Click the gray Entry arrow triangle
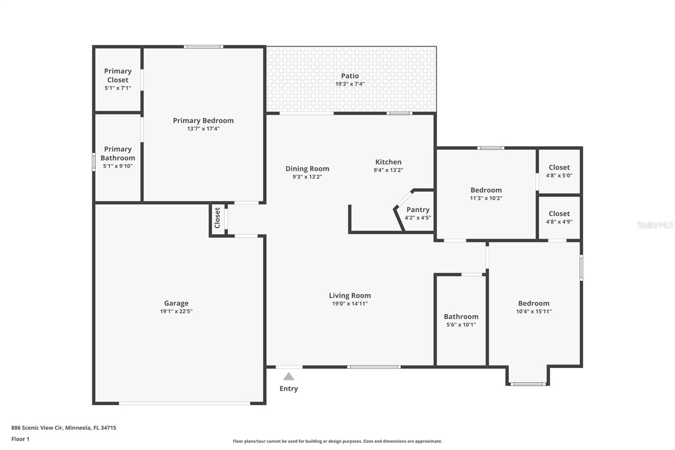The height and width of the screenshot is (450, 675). click(x=289, y=376)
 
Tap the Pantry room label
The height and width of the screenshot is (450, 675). click(x=418, y=209)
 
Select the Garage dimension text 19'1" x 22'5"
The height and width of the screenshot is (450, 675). click(x=176, y=312)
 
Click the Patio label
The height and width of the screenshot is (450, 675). click(x=350, y=76)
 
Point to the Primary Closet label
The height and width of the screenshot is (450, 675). click(x=118, y=75)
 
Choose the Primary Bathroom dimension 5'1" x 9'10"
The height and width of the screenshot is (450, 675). click(x=118, y=166)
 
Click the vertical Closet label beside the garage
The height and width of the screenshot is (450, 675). click(x=217, y=218)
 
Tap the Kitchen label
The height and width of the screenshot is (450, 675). click(x=388, y=162)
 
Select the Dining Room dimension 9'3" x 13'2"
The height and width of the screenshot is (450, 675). click(x=307, y=177)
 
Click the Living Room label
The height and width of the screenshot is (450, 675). click(x=350, y=295)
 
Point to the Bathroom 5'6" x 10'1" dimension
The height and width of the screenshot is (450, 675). click(x=461, y=325)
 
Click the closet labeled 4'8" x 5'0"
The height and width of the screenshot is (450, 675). click(x=559, y=171)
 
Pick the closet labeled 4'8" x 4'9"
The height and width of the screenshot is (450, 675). click(x=559, y=217)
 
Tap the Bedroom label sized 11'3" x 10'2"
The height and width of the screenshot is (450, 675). click(x=486, y=190)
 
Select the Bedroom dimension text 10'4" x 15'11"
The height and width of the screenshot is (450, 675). click(x=534, y=312)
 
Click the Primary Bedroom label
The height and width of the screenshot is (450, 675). click(x=203, y=120)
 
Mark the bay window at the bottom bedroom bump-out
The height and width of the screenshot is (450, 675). click(x=528, y=384)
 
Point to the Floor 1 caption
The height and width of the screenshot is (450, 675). click(x=20, y=439)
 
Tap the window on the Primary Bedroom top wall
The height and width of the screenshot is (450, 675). click(x=203, y=46)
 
